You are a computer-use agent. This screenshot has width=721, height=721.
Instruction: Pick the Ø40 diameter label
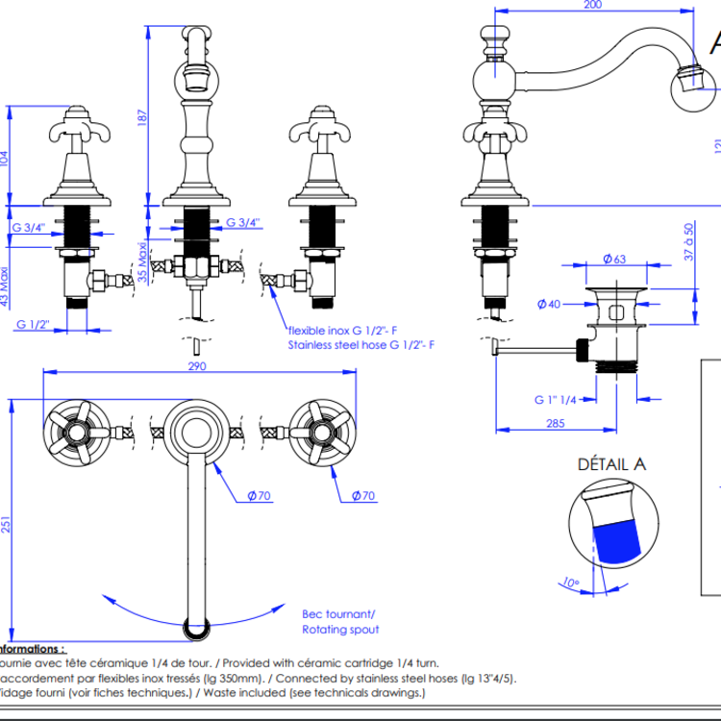pyautogui.click(x=548, y=306)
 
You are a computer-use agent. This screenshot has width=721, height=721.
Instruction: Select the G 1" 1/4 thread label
pyautogui.click(x=555, y=399)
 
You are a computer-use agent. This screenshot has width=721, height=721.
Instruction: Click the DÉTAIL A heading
pyautogui.click(x=611, y=464)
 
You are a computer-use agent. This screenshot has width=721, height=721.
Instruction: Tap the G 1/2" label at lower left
pyautogui.click(x=32, y=324)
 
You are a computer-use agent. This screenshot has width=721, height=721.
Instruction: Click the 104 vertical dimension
pyautogui.click(x=9, y=158)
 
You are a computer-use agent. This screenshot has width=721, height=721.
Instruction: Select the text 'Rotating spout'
pyautogui.click(x=340, y=629)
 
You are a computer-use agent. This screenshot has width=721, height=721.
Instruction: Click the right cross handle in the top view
pyautogui.click(x=317, y=430)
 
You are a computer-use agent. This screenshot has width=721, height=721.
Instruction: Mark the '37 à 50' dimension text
pyautogui.click(x=688, y=242)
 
